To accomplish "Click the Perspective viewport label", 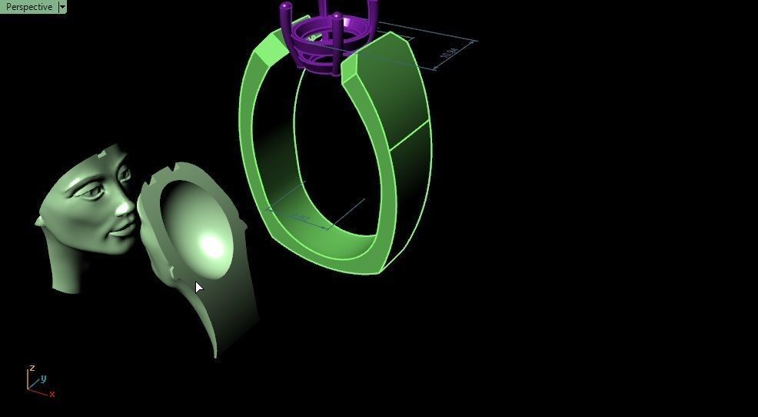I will coord(28,7).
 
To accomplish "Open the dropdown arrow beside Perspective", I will coord(62,7).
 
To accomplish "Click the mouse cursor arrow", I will coord(198,287).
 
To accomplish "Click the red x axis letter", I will coord(52,395).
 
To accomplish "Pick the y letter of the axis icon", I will coord(44,379).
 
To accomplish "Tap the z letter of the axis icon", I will coord(32,369).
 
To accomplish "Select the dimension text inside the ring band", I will coord(300,219).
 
